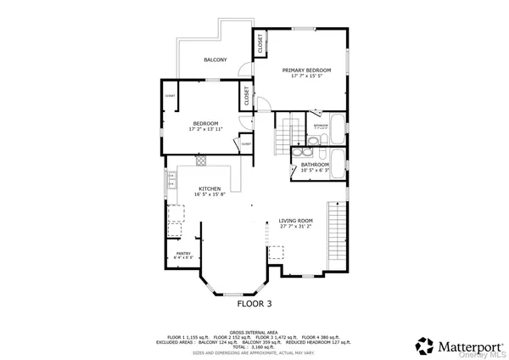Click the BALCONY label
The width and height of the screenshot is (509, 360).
click(x=215, y=60)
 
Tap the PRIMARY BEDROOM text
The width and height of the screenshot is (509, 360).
click(x=306, y=70)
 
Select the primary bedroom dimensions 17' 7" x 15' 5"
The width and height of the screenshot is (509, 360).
click(x=306, y=76)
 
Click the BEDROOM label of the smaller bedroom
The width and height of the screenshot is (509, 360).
click(x=205, y=123)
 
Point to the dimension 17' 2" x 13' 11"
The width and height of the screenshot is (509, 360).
click(x=205, y=129)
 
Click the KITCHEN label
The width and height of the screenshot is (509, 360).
click(x=210, y=188)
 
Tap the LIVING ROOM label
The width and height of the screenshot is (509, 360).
click(x=296, y=220)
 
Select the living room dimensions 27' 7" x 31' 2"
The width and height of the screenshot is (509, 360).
click(x=296, y=227)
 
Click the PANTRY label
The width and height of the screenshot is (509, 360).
click(x=183, y=253)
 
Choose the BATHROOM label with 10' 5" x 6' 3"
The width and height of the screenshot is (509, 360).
click(x=315, y=165)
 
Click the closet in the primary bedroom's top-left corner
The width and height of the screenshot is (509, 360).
click(x=260, y=41)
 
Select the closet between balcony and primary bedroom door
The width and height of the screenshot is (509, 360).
click(x=248, y=95)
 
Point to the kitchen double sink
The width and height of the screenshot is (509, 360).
click(x=171, y=179)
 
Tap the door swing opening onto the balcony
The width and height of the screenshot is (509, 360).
click(x=243, y=70)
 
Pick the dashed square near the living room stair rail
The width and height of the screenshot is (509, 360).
click(x=276, y=253)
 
